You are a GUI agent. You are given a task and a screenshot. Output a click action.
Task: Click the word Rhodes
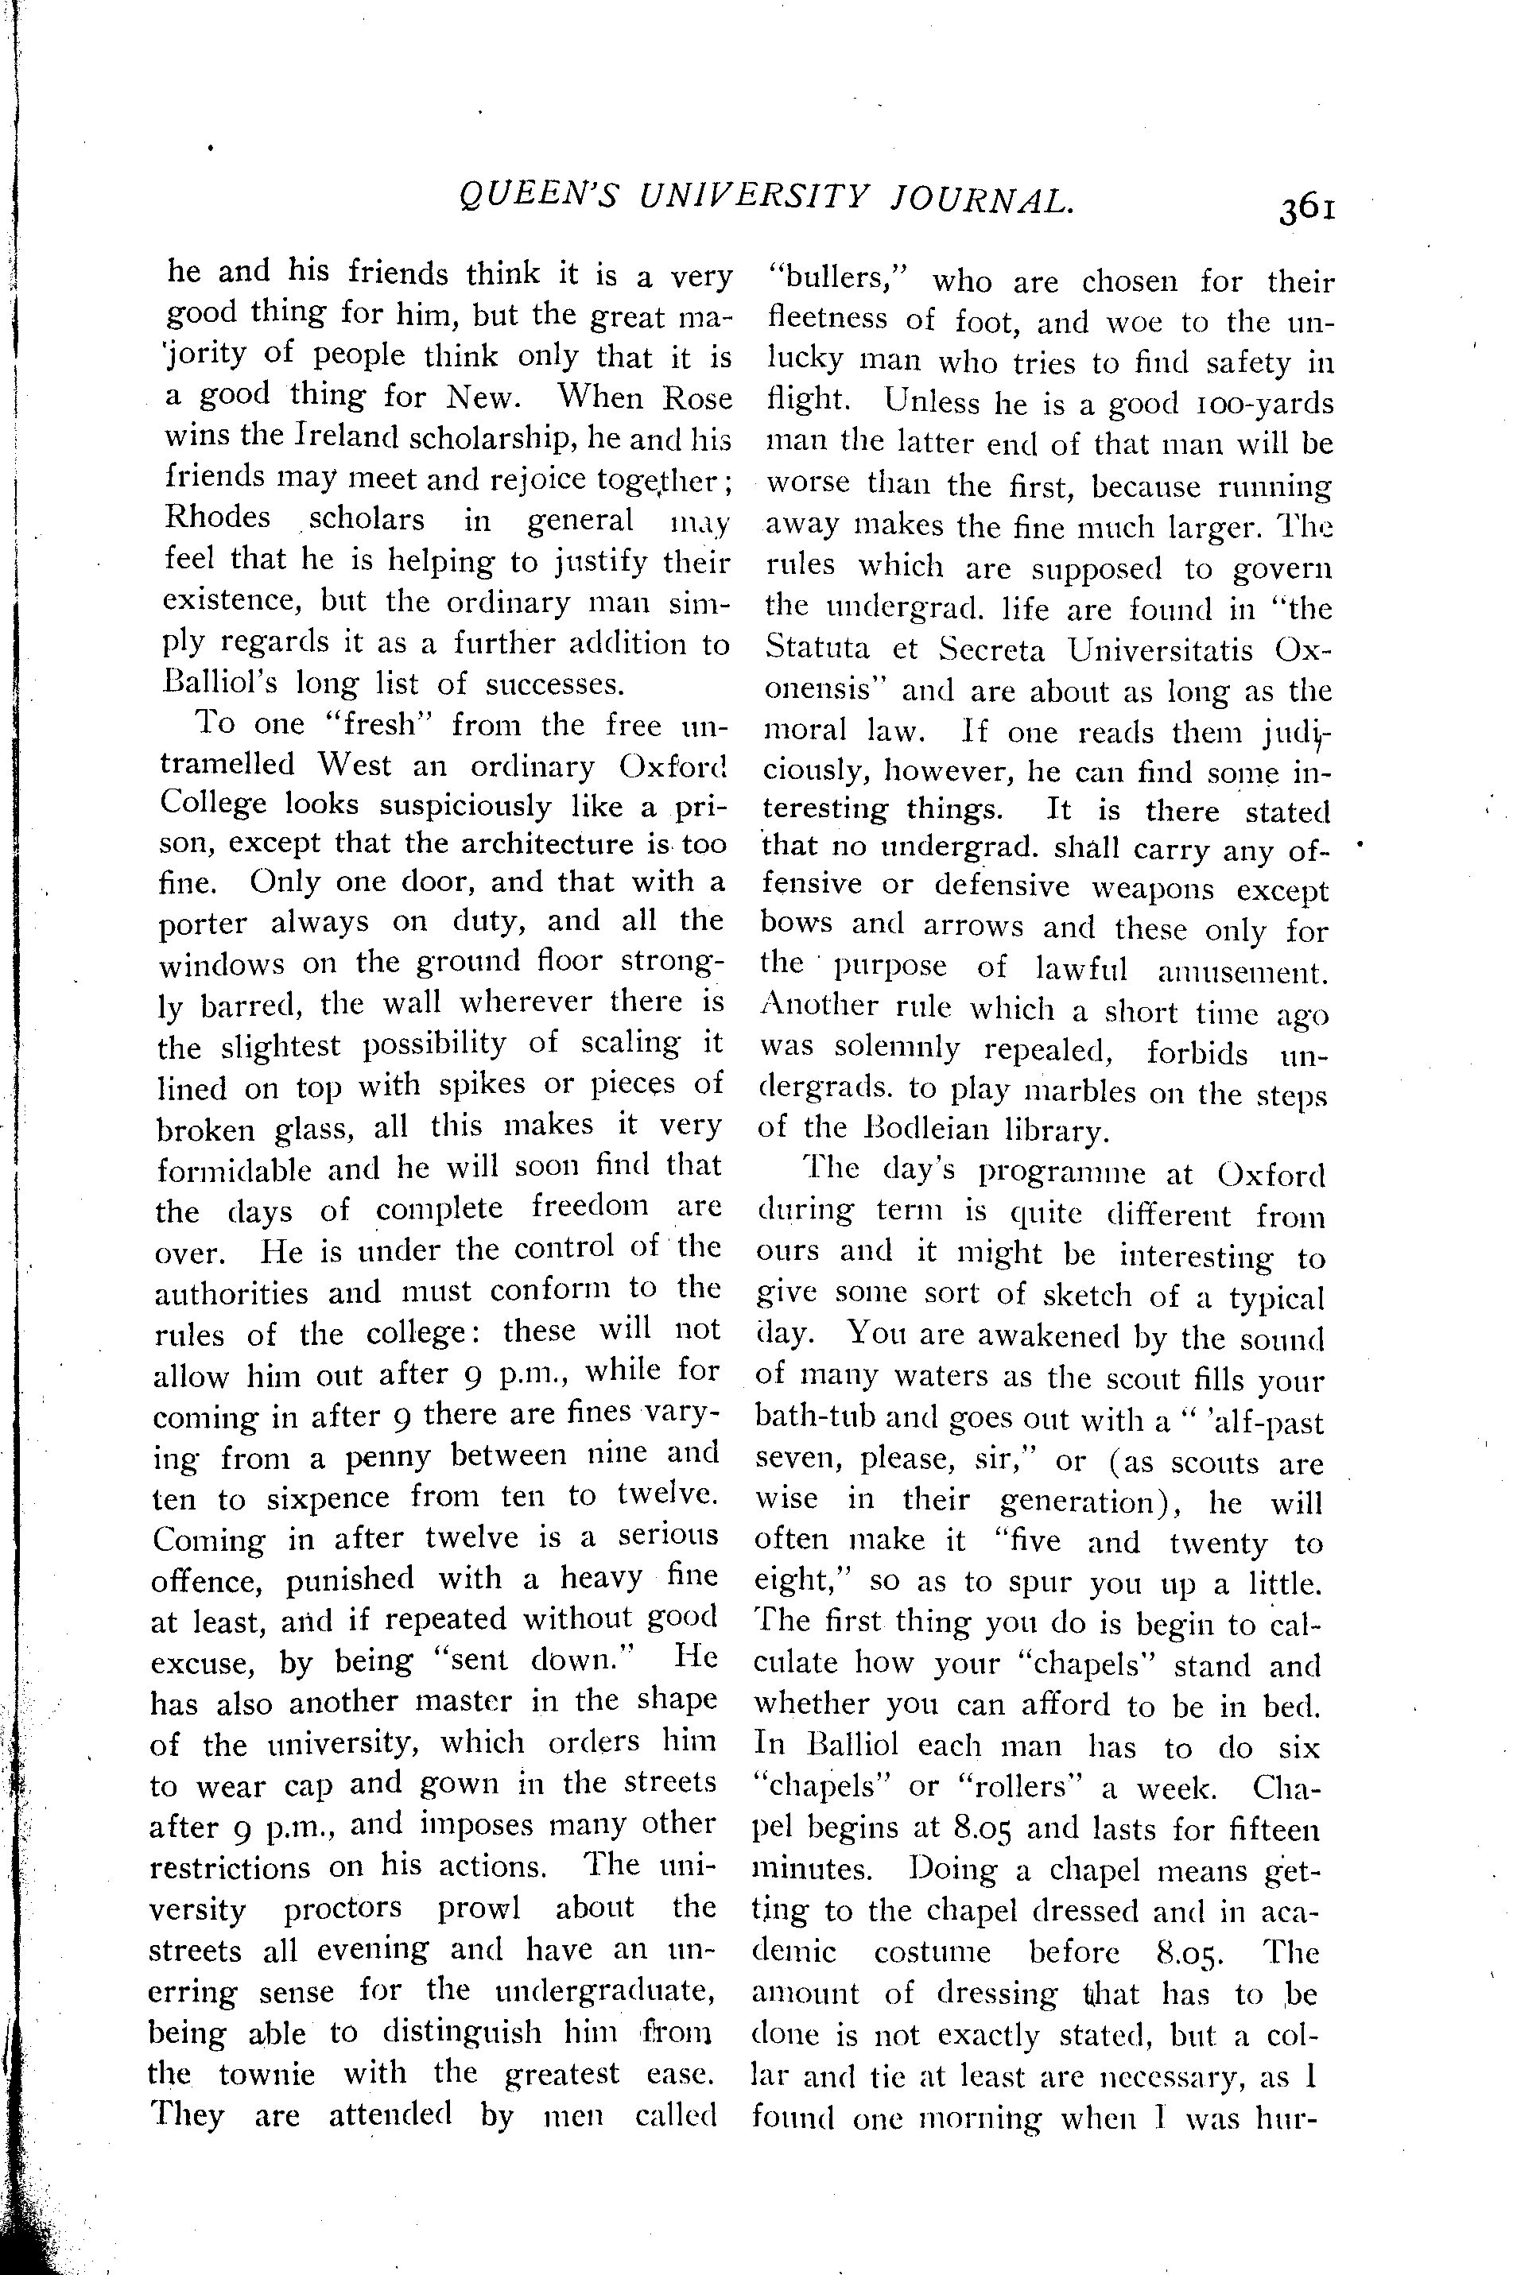(x=218, y=518)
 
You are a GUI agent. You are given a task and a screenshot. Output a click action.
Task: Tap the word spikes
(x=480, y=1084)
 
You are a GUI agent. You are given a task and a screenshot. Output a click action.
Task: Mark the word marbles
(x=1053, y=1091)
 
